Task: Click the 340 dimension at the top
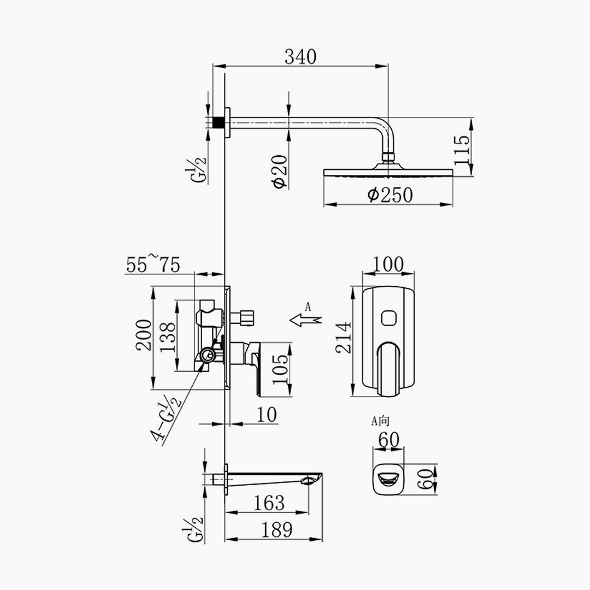coord(300,57)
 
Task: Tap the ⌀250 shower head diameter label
coord(390,195)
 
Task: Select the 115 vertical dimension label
coord(462,150)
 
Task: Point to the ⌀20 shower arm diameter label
coord(280,171)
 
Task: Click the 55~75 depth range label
coord(153,264)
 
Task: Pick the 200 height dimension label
coord(144,335)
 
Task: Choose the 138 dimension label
coord(168,337)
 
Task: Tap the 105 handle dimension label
coord(281,369)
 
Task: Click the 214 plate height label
coord(344,338)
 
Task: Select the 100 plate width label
coord(388,264)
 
